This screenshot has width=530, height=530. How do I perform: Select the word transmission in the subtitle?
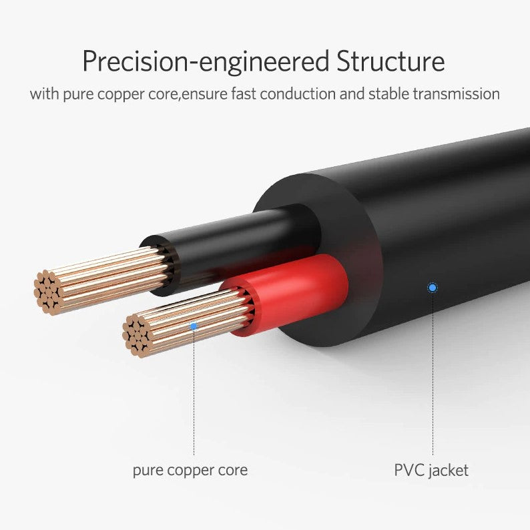[x=456, y=93]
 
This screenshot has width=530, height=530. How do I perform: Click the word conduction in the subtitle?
[x=298, y=93]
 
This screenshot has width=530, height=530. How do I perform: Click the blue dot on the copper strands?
[x=194, y=326]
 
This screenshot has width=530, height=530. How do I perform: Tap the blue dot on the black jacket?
[x=433, y=288]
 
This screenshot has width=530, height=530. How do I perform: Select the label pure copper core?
[x=190, y=470]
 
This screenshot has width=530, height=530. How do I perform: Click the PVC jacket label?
[x=431, y=470]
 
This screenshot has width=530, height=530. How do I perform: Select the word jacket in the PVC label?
[x=448, y=470]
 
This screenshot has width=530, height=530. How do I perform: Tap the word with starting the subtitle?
[x=43, y=93]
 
